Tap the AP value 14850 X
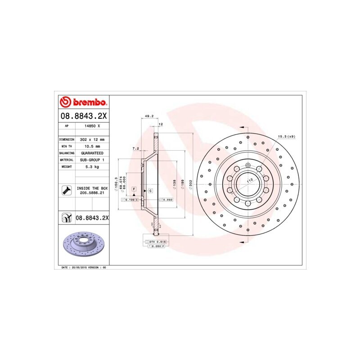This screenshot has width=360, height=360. click(91, 126)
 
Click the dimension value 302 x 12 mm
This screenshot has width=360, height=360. click(91, 139)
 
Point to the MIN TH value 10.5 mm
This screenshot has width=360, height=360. click(91, 146)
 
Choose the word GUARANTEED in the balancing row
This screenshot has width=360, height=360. click(91, 153)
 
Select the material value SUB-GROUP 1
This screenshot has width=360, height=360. click(91, 160)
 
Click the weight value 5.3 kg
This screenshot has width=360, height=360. click(91, 166)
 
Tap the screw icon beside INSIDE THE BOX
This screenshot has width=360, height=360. click(67, 190)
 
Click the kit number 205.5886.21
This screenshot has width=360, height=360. click(92, 193)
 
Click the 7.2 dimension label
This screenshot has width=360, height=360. click(135, 148)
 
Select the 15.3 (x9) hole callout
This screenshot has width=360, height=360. click(286, 136)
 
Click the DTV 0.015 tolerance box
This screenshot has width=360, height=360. click(157, 242)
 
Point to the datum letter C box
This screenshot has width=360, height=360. click(150, 191)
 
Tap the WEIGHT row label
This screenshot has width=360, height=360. click(67, 166)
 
